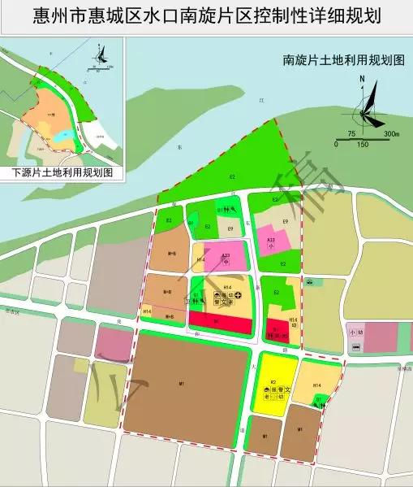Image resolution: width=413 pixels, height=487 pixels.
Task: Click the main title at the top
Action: [207, 15]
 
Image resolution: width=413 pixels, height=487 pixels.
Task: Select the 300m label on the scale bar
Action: [392, 133]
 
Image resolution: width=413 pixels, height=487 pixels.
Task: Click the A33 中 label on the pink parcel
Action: [226, 259]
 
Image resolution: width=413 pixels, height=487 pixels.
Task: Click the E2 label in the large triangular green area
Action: [232, 176]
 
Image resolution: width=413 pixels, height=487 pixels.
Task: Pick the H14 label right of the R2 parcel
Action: [318, 385]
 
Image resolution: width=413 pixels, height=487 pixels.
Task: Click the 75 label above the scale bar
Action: [351, 133]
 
